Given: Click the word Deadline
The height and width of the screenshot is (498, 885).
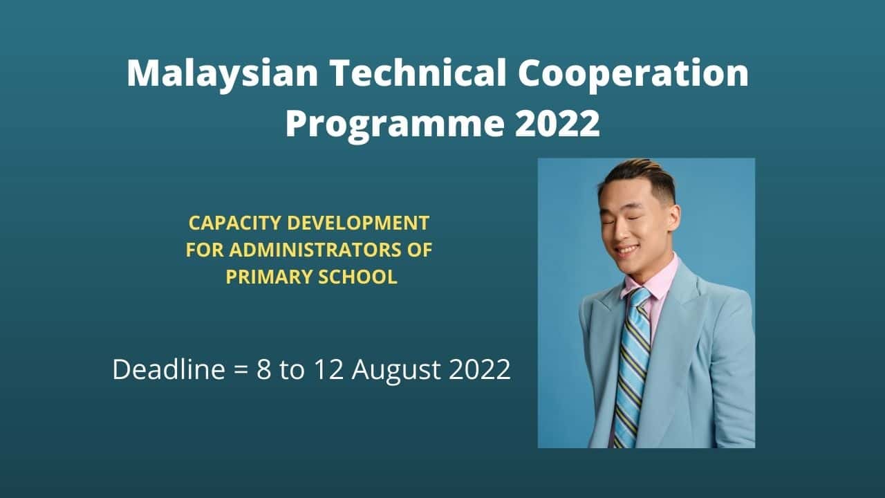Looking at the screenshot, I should (168, 369).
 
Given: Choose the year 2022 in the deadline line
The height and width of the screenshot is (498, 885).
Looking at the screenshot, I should (480, 369).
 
